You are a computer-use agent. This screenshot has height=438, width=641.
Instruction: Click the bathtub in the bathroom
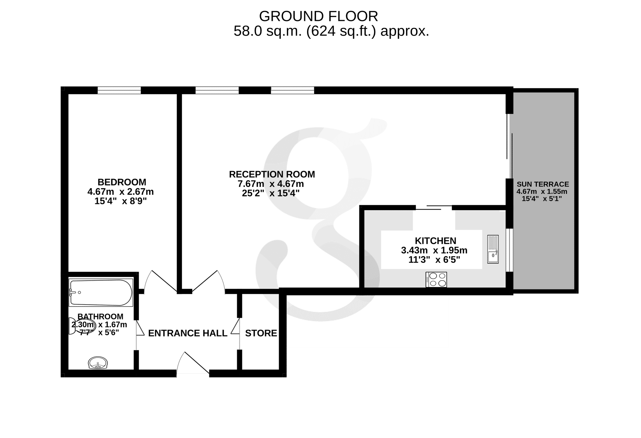[101, 292]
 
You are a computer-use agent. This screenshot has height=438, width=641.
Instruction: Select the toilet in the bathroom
[81, 326]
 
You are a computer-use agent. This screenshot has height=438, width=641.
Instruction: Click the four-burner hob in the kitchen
[436, 279]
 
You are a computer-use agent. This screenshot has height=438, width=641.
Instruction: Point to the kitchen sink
[493, 249]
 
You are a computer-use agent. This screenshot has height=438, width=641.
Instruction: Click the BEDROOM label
[122, 182]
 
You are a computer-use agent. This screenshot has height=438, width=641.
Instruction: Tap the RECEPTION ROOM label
[272, 174]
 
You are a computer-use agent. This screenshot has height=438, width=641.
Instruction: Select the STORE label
[261, 333]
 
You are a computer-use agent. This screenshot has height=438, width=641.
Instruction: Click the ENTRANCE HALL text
[188, 333]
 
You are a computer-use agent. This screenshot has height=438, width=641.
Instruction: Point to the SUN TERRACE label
[543, 184]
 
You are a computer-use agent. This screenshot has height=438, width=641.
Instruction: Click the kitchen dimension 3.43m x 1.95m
[434, 250]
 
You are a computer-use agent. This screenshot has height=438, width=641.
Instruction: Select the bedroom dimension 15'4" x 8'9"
[121, 201]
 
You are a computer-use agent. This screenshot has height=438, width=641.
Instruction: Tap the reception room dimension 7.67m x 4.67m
[271, 184]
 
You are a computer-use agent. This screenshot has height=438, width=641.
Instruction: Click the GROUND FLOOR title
[319, 16]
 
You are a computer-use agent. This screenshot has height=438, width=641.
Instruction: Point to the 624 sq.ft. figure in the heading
[341, 31]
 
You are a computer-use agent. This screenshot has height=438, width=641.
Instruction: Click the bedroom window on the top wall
[119, 90]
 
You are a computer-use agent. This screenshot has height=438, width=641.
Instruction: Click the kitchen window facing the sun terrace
[509, 250]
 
